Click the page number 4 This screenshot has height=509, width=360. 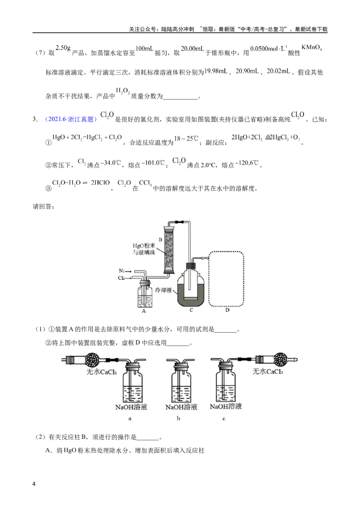(x=34, y=484)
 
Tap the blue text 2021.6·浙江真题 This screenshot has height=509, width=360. (x=71, y=119)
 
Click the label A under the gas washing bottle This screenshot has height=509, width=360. (x=144, y=311)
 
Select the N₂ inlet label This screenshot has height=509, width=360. (x=122, y=271)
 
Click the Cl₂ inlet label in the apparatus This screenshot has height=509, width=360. (x=121, y=278)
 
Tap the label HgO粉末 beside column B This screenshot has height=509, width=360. (x=144, y=246)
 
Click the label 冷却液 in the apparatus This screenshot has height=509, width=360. (x=163, y=290)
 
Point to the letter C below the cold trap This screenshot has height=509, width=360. (x=191, y=310)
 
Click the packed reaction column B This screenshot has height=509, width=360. (x=169, y=250)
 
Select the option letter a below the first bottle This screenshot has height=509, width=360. (x=130, y=419)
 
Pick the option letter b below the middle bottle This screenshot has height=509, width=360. (x=178, y=419)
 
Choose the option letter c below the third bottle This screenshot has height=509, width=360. (x=224, y=419)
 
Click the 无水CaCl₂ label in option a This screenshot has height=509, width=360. (x=101, y=372)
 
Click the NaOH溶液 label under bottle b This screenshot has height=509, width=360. (x=181, y=407)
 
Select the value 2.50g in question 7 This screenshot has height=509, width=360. (x=63, y=48)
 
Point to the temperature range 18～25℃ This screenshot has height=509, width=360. (x=186, y=138)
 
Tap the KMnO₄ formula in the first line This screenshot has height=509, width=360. (x=311, y=48)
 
